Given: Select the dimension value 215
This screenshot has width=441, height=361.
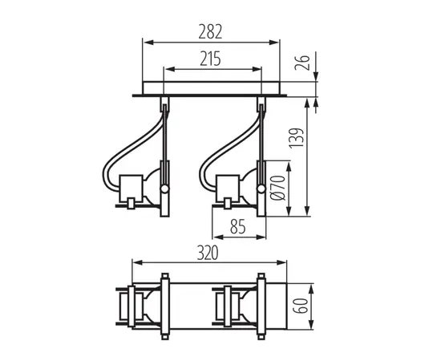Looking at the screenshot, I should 212,59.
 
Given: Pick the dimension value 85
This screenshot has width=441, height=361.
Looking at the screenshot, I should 237,227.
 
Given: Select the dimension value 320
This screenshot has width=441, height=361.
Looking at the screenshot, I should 211,253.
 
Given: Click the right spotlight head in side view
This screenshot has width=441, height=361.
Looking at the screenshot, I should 239,189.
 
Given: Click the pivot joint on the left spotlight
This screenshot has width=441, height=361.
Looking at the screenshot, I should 164,189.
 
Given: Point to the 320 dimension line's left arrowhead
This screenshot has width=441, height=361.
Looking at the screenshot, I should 136,262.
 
